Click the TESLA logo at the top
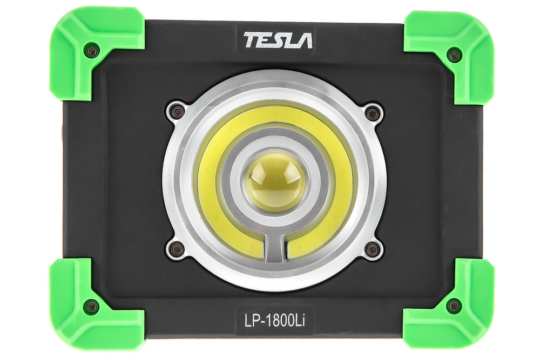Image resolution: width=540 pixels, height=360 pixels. [x=278, y=40]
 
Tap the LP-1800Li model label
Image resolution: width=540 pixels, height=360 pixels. [x=275, y=321]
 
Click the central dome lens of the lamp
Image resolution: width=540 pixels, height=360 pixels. [x=276, y=181]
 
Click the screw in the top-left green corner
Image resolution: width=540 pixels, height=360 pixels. [x=92, y=52]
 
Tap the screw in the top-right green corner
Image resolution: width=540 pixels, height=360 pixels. [x=454, y=55]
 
